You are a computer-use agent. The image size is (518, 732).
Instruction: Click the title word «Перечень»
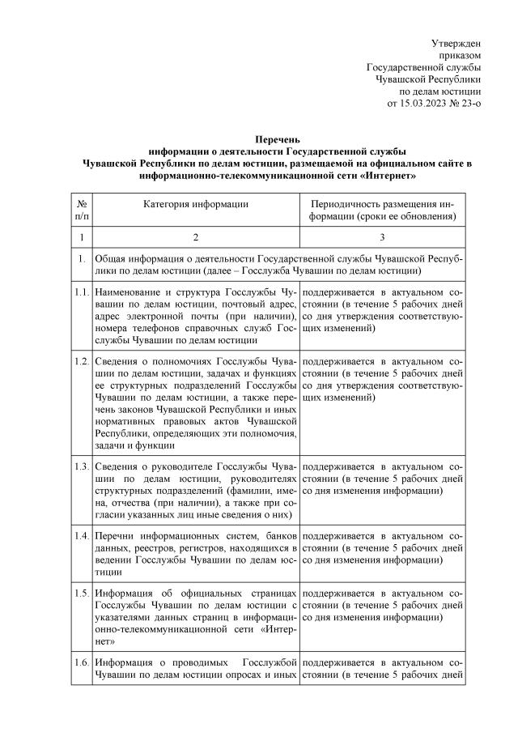(278, 140)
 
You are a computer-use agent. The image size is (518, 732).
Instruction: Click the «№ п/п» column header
(81, 210)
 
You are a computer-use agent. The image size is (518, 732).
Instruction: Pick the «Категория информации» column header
(196, 204)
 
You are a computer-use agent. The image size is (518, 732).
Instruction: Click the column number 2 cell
(196, 239)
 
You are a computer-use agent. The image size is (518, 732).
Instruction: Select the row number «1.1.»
(81, 290)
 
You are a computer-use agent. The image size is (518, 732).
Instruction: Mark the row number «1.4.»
(81, 536)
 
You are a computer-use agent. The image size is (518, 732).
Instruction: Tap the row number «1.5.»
(81, 593)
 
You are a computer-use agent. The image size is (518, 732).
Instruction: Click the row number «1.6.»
(81, 663)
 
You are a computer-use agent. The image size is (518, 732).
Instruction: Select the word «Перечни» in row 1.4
(117, 536)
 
